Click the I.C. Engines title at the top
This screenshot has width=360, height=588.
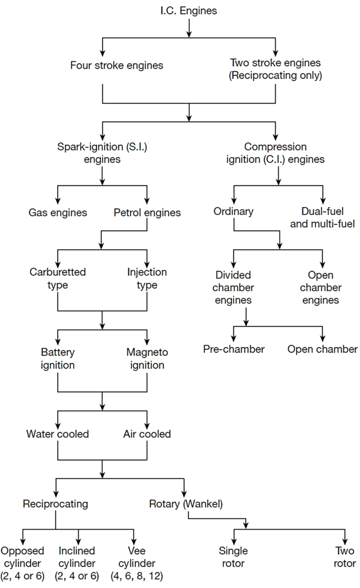tap(188, 10)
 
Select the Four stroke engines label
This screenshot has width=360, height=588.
tap(117, 65)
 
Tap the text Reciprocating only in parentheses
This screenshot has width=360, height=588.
tap(275, 76)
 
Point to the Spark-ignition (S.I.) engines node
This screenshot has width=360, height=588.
tap(102, 153)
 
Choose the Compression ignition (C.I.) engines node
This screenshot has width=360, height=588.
tap(275, 153)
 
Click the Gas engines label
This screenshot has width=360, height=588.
tap(58, 213)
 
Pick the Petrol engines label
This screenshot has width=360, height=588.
tap(147, 213)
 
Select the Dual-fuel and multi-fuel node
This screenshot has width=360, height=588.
tap(323, 217)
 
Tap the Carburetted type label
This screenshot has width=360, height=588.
tap(58, 278)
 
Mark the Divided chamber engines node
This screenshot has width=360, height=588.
tap(233, 287)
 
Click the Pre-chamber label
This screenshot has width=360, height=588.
tap(233, 349)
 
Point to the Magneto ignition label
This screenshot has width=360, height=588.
tap(147, 358)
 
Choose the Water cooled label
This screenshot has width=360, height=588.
tap(58, 434)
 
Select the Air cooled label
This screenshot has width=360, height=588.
tap(147, 434)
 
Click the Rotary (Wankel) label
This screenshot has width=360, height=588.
tap(186, 504)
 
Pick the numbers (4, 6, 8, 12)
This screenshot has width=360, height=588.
tap(136, 576)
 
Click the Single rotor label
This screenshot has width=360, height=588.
tap(233, 557)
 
